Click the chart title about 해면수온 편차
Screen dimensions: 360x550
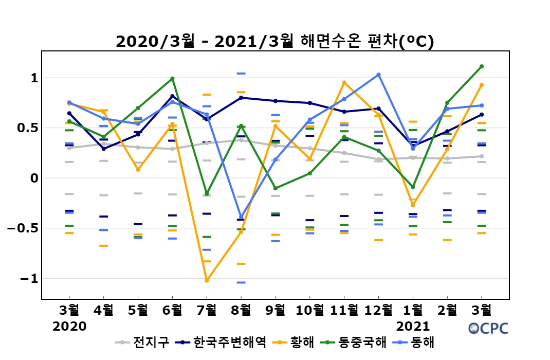275,42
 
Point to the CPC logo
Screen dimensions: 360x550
488,328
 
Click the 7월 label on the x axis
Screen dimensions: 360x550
207,310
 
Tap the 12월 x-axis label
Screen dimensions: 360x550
378,310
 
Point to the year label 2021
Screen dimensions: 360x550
413,326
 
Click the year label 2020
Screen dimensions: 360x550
69,326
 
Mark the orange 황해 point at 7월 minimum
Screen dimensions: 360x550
207,280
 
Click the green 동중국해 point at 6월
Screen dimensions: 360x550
172,79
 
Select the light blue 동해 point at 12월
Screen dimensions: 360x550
378,75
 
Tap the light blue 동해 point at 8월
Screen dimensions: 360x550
241,217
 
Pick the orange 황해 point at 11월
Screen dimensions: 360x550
344,83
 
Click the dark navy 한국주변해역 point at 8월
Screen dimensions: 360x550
241,98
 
